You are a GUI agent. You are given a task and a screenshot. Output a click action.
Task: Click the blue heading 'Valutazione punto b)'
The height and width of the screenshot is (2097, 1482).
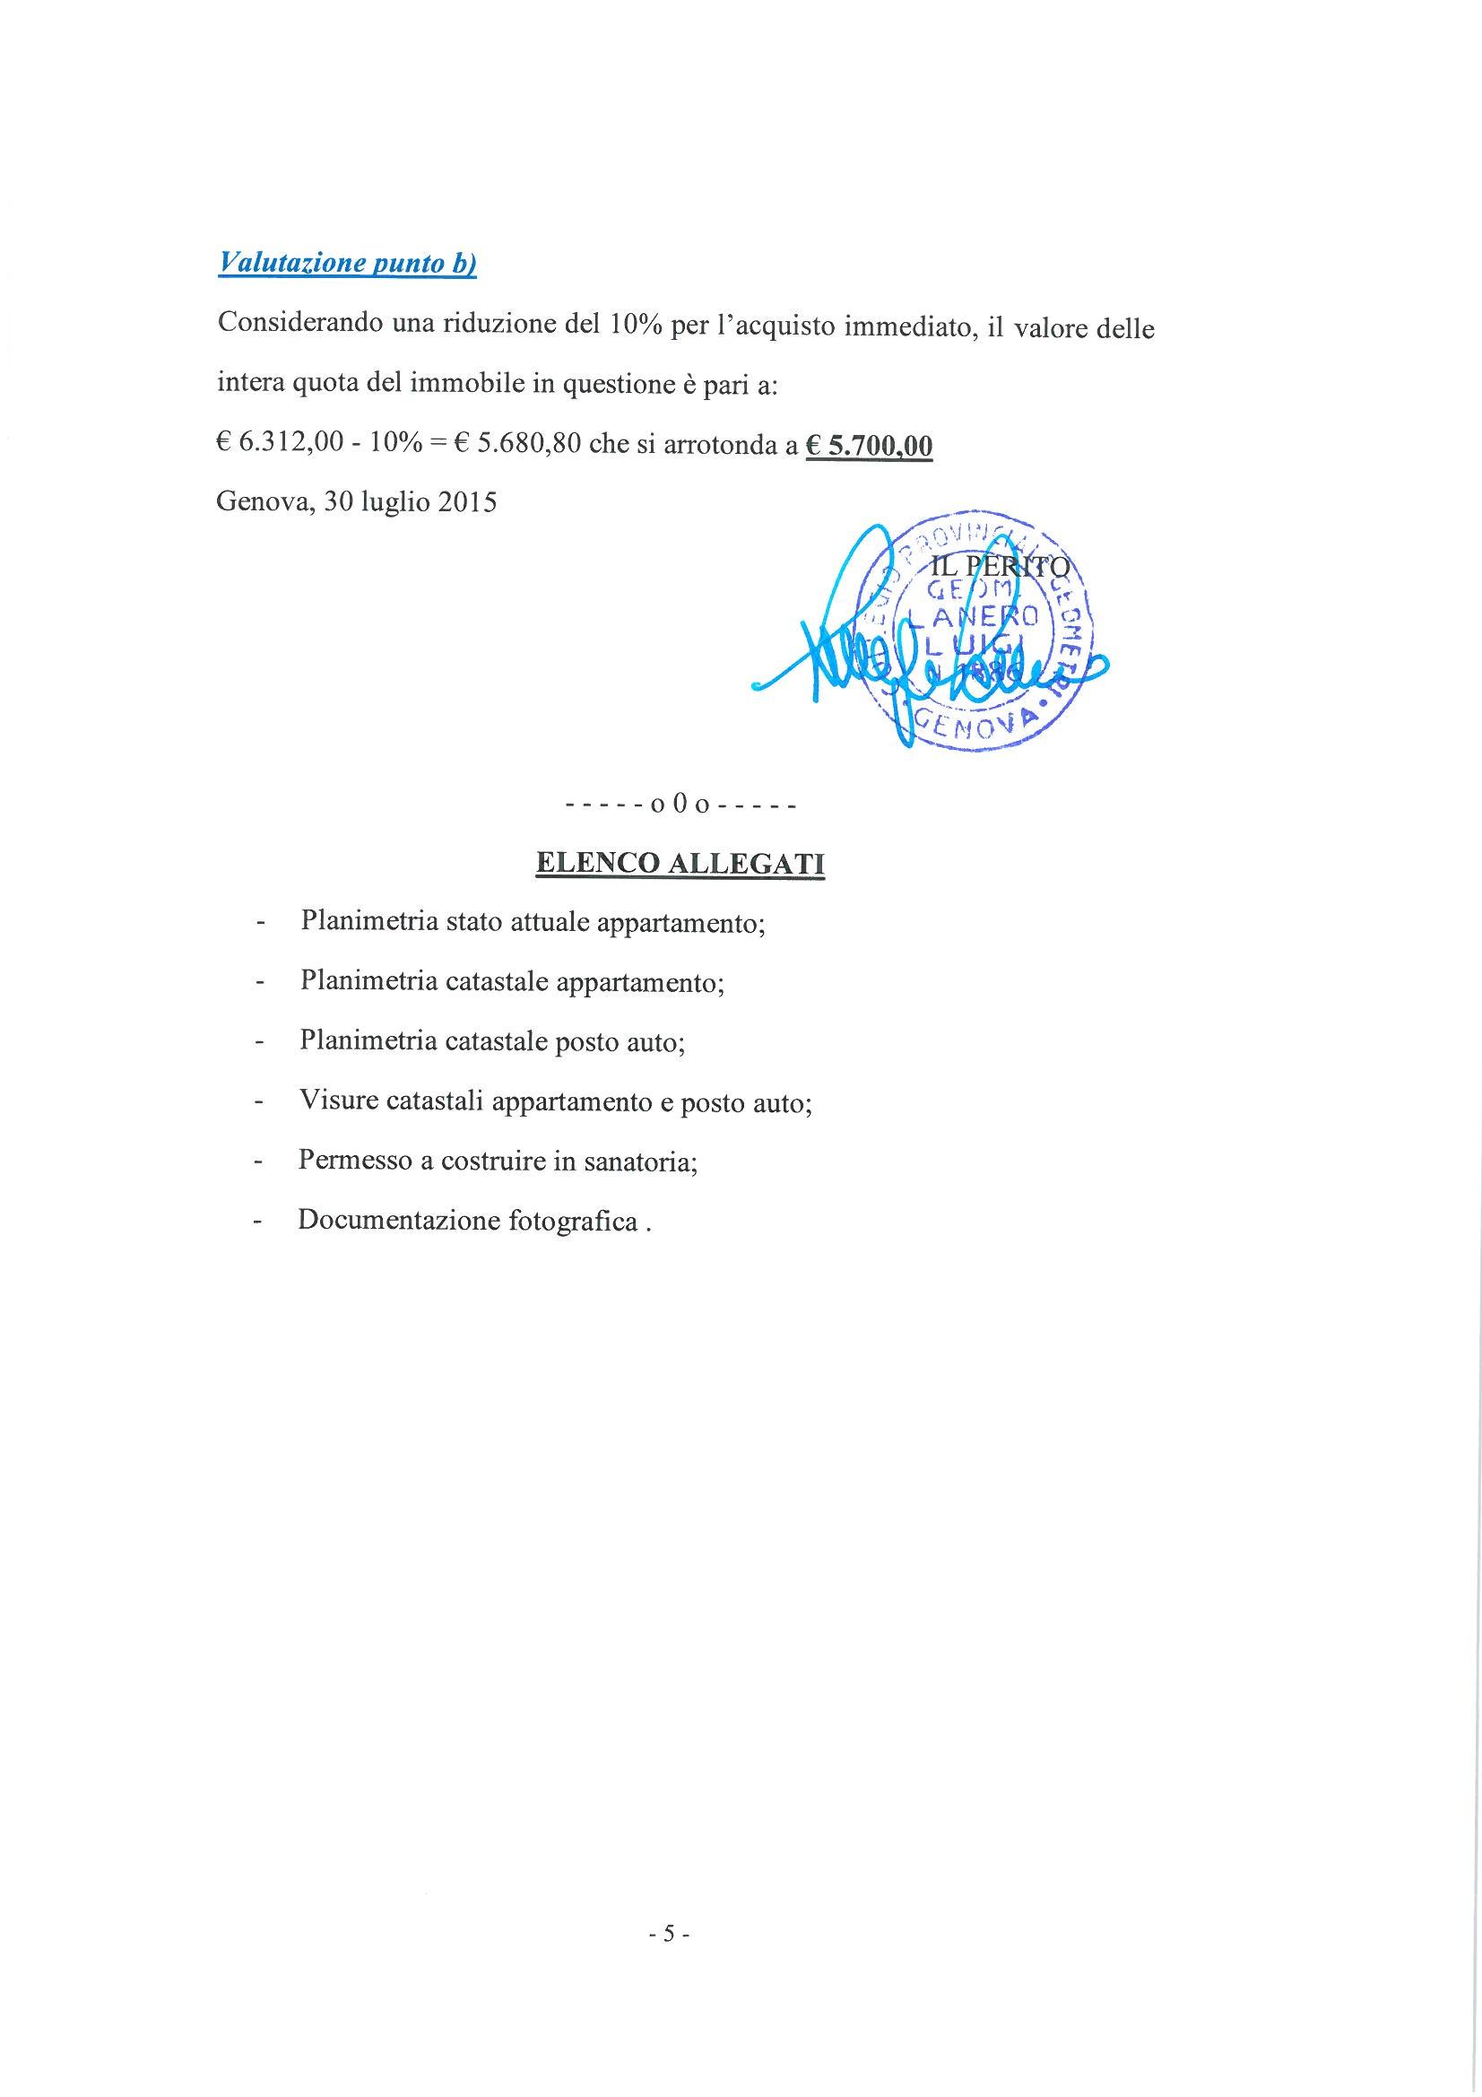tap(347, 264)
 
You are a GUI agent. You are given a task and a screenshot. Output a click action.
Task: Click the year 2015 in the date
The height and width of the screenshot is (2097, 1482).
tap(466, 502)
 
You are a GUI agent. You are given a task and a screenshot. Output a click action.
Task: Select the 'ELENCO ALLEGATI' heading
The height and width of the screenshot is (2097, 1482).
tap(680, 863)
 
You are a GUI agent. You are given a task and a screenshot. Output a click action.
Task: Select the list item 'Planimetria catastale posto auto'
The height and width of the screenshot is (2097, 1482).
tap(492, 1042)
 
